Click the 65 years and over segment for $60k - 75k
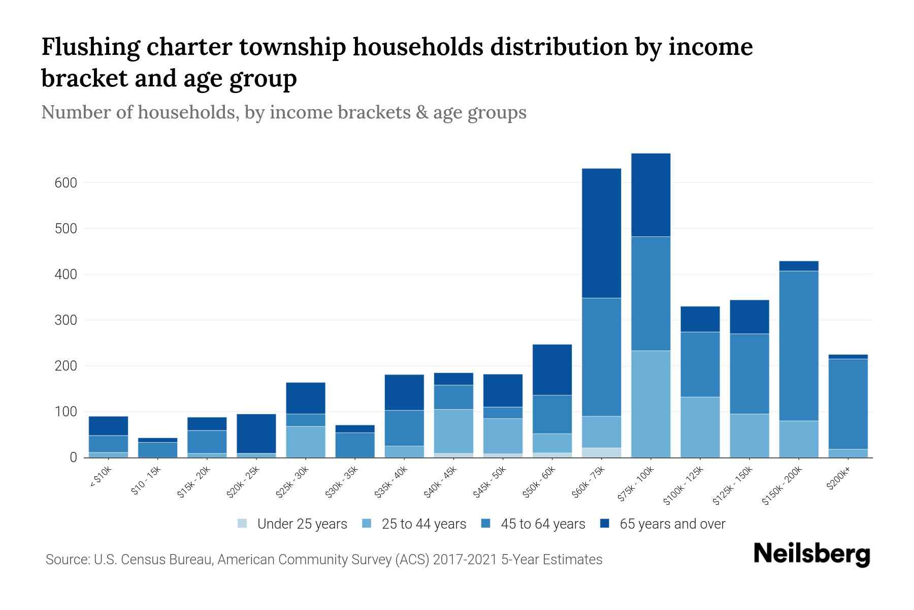(x=601, y=233)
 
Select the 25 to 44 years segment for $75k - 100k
(x=650, y=404)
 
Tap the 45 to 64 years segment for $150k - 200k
(x=799, y=346)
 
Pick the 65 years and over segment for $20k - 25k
(x=256, y=433)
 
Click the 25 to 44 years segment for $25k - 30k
(x=306, y=442)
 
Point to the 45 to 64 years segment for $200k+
(x=848, y=404)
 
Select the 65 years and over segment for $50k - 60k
(x=552, y=370)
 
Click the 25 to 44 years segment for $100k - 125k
(x=700, y=427)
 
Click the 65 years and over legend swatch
(x=605, y=523)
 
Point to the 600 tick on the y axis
(x=66, y=183)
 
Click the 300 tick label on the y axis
(x=66, y=320)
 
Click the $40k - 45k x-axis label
(x=441, y=482)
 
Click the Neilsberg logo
(x=811, y=554)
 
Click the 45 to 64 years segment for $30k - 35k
(x=355, y=445)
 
